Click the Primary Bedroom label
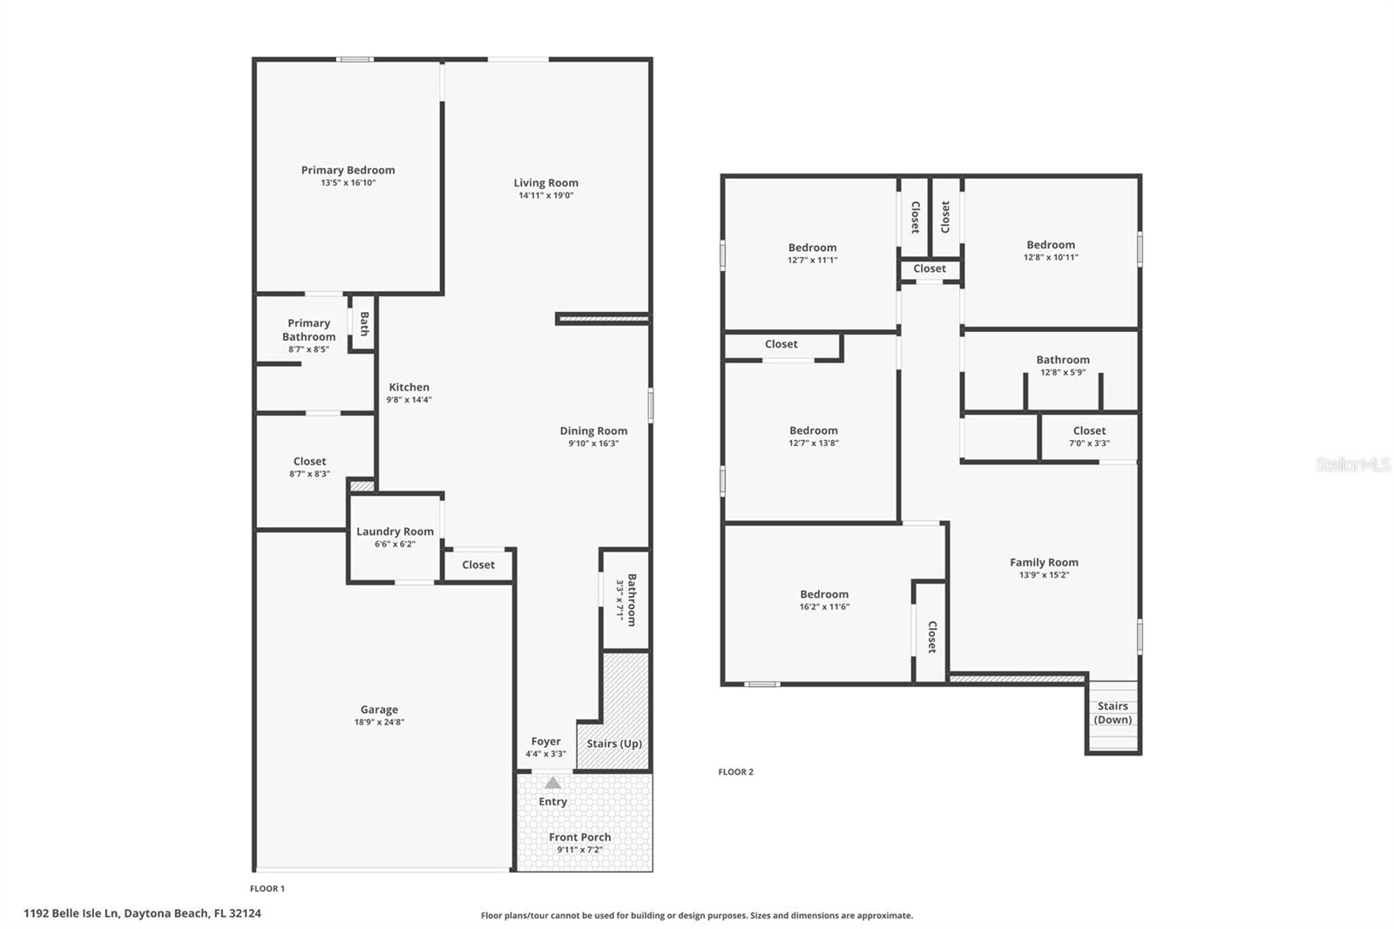(348, 171)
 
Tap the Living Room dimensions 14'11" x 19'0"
(545, 195)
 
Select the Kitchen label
(409, 387)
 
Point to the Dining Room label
(593, 431)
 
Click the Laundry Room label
(395, 532)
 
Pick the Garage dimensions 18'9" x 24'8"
(379, 722)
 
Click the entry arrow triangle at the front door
(552, 783)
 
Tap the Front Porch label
(579, 837)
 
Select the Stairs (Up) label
(614, 743)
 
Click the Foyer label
(546, 742)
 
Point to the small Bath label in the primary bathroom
(364, 323)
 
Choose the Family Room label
(1044, 562)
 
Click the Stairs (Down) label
(1113, 713)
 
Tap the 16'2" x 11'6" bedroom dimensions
(824, 607)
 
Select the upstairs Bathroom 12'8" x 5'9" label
(1062, 360)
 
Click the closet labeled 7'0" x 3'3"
(1089, 436)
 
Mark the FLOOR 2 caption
(735, 771)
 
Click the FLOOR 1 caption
(267, 889)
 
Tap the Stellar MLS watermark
(1352, 464)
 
